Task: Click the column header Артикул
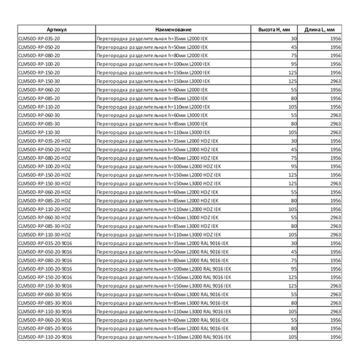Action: pyautogui.click(x=56, y=29)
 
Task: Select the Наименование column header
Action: pyautogui.click(x=173, y=29)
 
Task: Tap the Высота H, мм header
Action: pyautogui.click(x=274, y=29)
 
